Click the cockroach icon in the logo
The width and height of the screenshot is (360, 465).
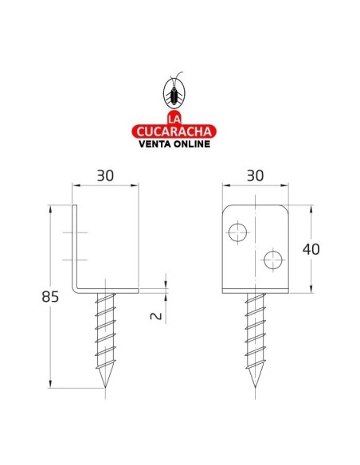pyautogui.click(x=174, y=92)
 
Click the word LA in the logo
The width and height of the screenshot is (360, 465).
pyautogui.click(x=174, y=119)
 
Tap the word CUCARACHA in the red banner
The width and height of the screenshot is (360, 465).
pyautogui.click(x=174, y=131)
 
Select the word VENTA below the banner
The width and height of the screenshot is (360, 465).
pyautogui.click(x=155, y=144)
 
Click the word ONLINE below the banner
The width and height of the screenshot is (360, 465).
pyautogui.click(x=192, y=144)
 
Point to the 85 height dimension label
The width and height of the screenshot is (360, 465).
pyautogui.click(x=50, y=296)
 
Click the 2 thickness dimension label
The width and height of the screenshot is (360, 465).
pyautogui.click(x=156, y=316)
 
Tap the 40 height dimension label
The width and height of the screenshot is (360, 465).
pyautogui.click(x=311, y=249)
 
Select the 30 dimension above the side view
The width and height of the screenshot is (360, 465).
pyautogui.click(x=105, y=176)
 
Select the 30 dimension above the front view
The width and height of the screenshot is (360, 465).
pyautogui.click(x=256, y=176)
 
